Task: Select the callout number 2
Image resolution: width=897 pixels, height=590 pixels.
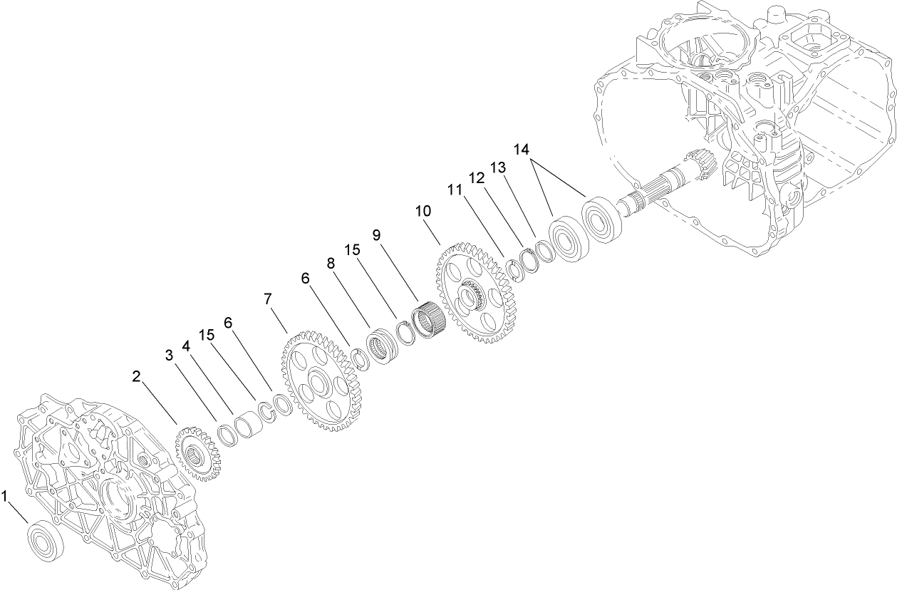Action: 137,375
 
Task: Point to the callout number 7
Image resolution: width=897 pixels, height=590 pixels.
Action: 268,299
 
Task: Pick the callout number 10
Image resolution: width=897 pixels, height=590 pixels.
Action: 423,212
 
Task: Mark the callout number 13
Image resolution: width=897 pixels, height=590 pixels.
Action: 497,168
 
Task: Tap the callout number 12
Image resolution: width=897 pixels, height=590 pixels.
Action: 475,176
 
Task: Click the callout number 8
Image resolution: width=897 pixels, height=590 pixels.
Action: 331,262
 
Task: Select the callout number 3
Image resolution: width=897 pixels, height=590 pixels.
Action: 170,354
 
